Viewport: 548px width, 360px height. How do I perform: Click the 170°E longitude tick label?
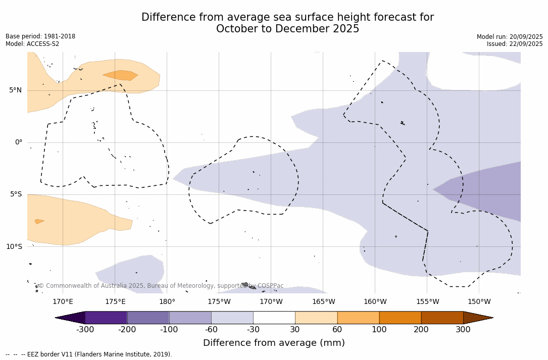point(63,302)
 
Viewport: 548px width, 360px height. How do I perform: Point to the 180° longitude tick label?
point(167,302)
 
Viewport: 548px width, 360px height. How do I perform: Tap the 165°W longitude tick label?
point(323,302)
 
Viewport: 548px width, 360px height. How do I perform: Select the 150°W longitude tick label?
point(479,302)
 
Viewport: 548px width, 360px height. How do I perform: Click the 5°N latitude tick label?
point(15,90)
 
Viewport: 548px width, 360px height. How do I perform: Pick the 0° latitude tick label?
point(19,142)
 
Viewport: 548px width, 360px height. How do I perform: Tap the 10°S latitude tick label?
point(14,247)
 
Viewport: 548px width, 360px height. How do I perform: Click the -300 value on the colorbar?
point(85,330)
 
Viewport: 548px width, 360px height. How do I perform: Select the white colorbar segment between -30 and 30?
point(274,318)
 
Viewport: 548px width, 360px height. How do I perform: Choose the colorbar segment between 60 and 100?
point(358,318)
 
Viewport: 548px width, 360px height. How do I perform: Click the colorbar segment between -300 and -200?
point(106,318)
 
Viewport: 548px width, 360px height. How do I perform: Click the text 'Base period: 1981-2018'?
point(40,36)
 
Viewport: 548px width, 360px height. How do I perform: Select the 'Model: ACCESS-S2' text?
point(32,44)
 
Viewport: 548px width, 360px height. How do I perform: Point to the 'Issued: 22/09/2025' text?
point(515,44)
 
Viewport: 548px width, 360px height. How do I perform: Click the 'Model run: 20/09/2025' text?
point(510,37)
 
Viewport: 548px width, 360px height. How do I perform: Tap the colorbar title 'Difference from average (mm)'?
point(274,343)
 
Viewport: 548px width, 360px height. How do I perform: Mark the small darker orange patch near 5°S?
point(38,221)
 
